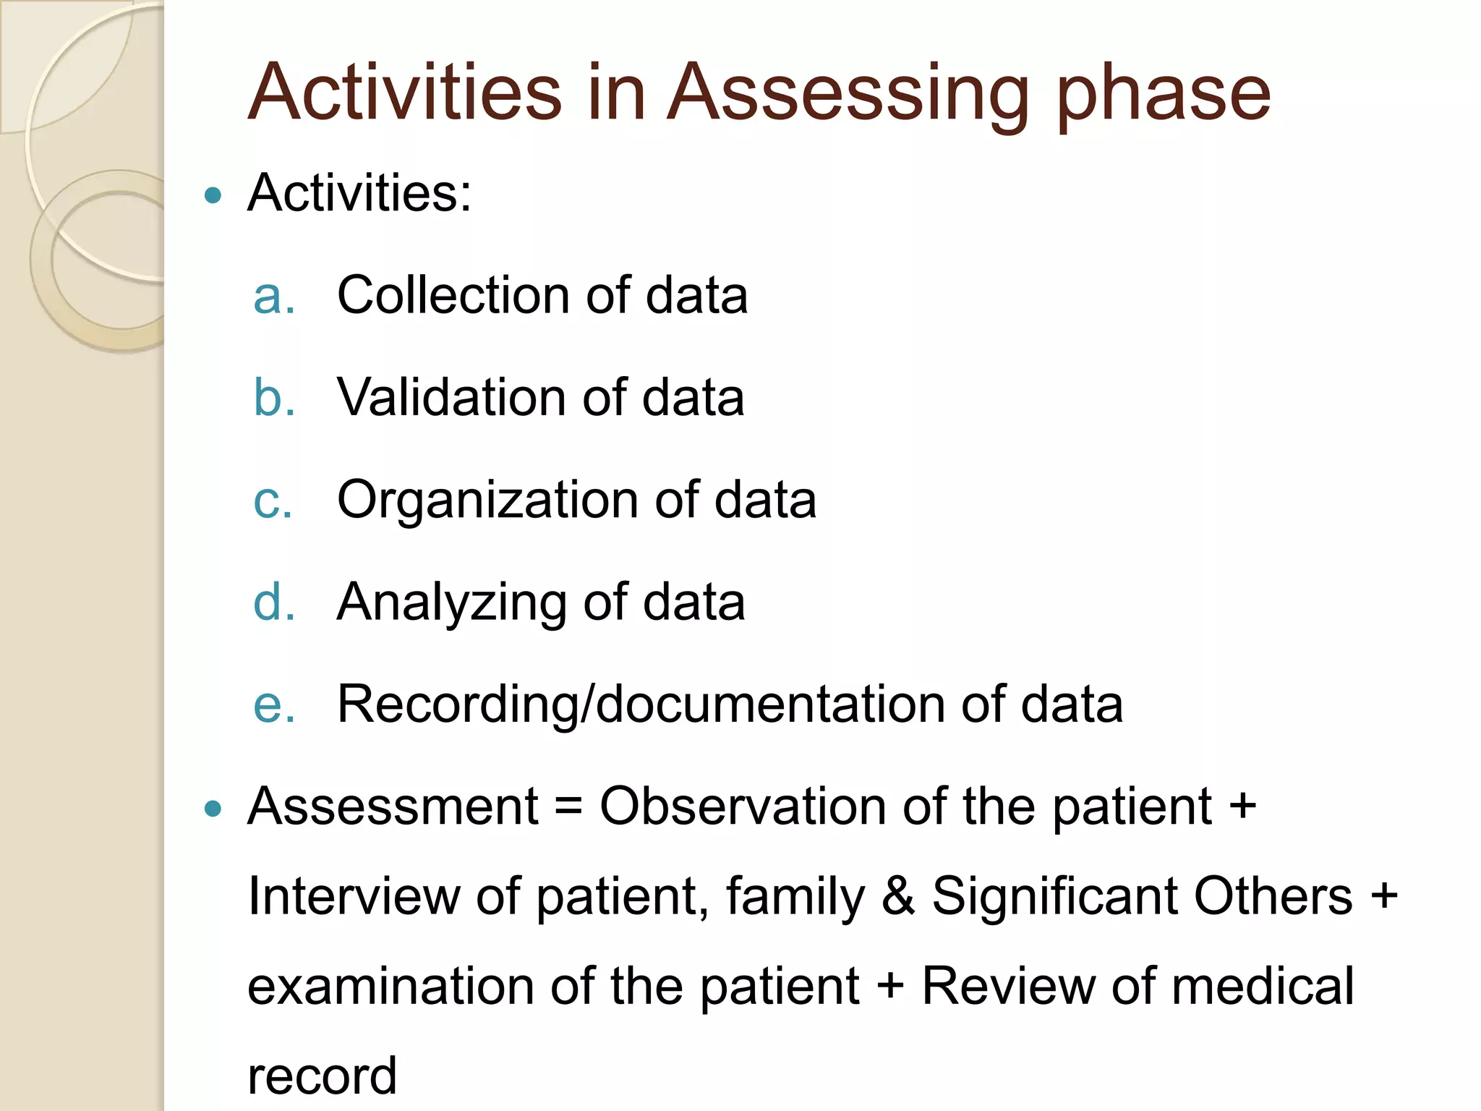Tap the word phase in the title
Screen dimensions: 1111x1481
[1163, 94]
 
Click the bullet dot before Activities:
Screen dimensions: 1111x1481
[213, 195]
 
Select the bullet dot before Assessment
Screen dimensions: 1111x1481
[213, 808]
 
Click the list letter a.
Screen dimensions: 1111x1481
[273, 297]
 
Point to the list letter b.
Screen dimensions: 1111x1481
[273, 398]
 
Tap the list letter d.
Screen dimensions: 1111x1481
[273, 602]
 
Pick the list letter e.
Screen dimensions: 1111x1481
[273, 705]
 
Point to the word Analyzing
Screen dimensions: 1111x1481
[453, 603]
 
